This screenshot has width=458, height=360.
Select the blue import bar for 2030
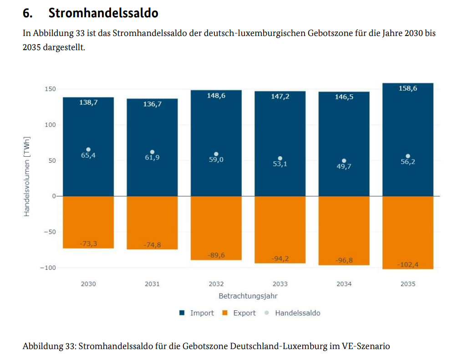point(88,137)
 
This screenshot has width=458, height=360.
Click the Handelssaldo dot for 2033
point(280,159)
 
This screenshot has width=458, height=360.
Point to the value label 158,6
point(408,88)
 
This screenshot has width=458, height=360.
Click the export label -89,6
point(216,255)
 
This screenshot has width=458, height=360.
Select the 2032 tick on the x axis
point(216,284)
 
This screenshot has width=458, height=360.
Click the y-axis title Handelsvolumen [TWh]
point(27,176)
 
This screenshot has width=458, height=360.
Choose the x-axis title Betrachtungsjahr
point(248,296)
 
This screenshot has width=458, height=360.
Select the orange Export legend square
point(225,313)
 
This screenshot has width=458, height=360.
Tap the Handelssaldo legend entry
point(297,313)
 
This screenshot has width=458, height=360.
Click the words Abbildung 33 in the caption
point(49,346)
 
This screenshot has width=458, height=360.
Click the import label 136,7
point(152,104)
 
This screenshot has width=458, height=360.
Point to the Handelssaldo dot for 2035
point(408,156)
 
